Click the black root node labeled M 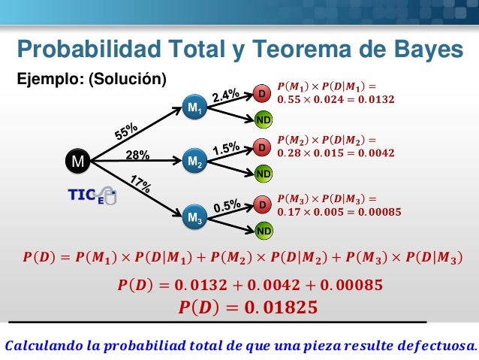click(77, 161)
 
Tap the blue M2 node click(194, 161)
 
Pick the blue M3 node click(194, 219)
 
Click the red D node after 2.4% click(263, 94)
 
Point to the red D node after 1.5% click(263, 147)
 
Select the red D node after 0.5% click(263, 204)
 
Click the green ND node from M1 click(264, 119)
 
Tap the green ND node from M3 click(264, 230)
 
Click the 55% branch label click(125, 132)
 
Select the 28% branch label click(137, 156)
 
